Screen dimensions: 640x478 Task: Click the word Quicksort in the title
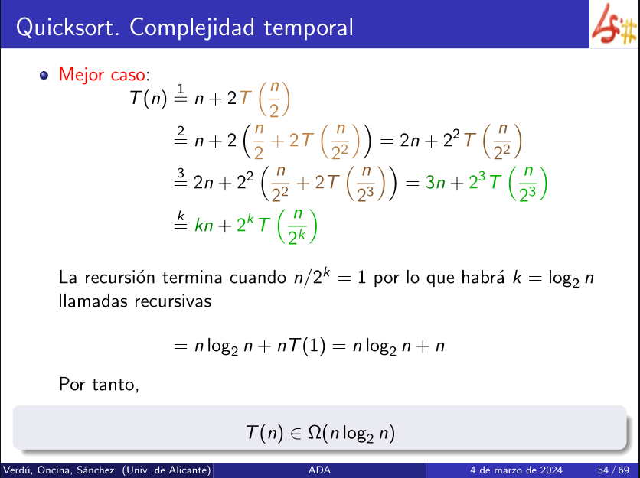(x=68, y=28)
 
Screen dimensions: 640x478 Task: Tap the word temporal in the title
(x=309, y=27)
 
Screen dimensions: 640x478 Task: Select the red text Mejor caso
(x=102, y=75)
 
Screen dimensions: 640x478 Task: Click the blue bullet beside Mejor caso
(x=44, y=76)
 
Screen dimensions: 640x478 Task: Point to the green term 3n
(x=435, y=183)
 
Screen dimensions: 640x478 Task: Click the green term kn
(x=204, y=225)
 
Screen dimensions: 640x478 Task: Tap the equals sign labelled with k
(x=181, y=220)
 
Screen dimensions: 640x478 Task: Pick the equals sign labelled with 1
(x=181, y=94)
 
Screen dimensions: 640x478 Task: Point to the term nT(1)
(x=301, y=346)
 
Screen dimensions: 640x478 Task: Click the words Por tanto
(x=99, y=384)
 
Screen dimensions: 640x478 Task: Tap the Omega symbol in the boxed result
(x=315, y=432)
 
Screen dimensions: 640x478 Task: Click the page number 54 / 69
(x=613, y=470)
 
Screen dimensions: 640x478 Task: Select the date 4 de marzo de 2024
(x=516, y=470)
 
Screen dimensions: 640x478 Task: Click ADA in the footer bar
(x=319, y=470)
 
